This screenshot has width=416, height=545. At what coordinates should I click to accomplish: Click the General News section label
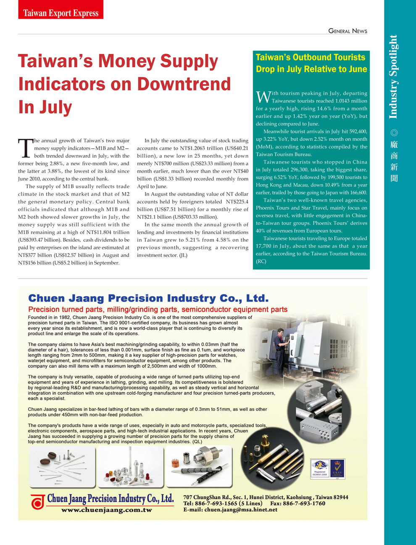click(348, 31)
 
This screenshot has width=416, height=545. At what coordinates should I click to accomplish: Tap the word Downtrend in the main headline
click(184, 84)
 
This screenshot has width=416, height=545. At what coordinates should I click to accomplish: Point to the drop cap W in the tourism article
click(263, 97)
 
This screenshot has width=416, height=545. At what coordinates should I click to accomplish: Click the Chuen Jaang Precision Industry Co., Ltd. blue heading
click(148, 298)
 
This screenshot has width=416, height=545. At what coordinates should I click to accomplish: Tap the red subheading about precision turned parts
click(158, 310)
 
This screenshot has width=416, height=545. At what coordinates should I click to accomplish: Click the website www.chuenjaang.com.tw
click(106, 510)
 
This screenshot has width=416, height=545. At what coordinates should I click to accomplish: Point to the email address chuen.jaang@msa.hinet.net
click(241, 510)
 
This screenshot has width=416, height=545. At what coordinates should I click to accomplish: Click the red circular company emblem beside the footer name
click(38, 502)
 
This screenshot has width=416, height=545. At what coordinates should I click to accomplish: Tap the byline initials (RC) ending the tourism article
click(261, 261)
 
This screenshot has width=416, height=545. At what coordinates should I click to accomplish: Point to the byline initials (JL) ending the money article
click(183, 255)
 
